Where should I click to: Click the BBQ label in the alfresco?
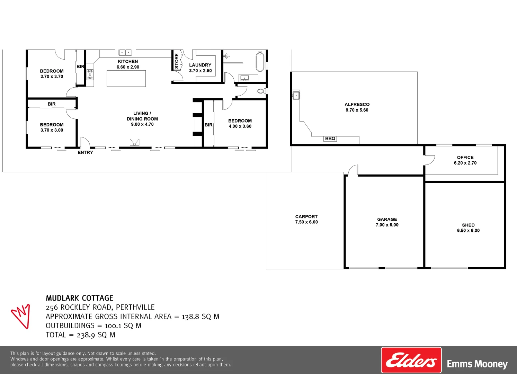click(x=330, y=139)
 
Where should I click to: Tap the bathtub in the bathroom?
click(x=260, y=61)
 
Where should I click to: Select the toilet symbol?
click(x=261, y=91)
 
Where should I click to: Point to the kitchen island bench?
click(x=126, y=79)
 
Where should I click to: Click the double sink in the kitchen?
click(x=125, y=53)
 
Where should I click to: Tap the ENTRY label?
click(x=85, y=152)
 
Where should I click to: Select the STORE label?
click(x=177, y=61)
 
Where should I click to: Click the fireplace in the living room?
click(x=134, y=142)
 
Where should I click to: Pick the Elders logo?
click(x=411, y=360)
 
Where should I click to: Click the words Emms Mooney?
click(x=477, y=364)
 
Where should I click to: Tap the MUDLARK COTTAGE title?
click(x=79, y=298)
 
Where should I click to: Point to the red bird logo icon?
click(x=20, y=315)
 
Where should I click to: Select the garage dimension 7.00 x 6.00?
click(x=387, y=225)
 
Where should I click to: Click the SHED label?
click(x=468, y=225)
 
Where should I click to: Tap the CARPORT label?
click(x=306, y=216)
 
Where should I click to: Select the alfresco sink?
click(x=296, y=95)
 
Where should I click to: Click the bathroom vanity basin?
click(x=244, y=78)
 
